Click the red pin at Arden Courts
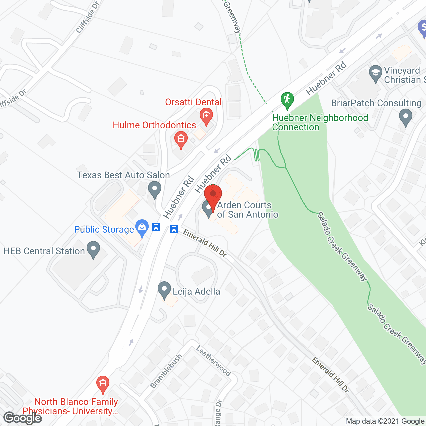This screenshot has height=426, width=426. tap(213, 194)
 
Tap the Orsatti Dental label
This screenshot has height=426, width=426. tap(193, 102)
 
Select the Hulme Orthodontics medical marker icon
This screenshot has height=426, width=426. tap(181, 139)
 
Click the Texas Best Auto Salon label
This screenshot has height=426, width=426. tap(123, 175)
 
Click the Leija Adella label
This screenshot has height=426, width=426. tap(196, 292)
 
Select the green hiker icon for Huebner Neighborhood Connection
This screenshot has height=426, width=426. tap(287, 100)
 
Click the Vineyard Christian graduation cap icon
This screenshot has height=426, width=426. tap(376, 73)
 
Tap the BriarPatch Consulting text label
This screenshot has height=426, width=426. tap(376, 103)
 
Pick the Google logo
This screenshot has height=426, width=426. tap(23, 418)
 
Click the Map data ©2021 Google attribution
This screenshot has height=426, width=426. tap(385, 421)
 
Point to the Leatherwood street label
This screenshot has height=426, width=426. tap(213, 361)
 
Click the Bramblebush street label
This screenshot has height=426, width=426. tap(166, 371)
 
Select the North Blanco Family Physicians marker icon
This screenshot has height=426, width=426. tap(103, 384)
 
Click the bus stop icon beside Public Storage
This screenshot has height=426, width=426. tap(156, 227)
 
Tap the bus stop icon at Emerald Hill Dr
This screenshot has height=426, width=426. tap(174, 229)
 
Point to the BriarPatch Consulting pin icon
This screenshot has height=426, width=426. tap(405, 117)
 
